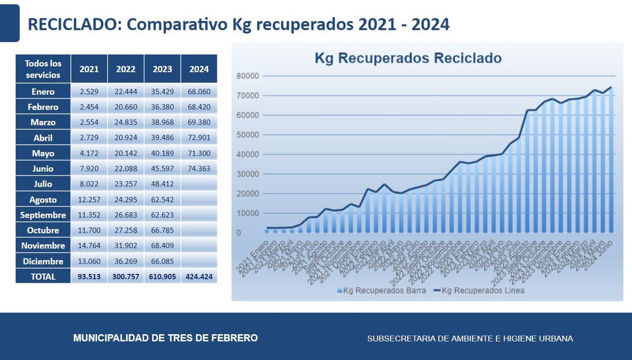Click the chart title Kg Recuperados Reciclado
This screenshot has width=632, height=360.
[408, 57]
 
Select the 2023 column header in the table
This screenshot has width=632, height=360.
[162, 69]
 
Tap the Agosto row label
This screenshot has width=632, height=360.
[43, 199]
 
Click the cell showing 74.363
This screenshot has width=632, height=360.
[199, 169]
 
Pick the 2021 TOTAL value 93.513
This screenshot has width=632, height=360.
[89, 276]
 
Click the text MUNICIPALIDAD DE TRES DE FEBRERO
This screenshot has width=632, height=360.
[166, 338]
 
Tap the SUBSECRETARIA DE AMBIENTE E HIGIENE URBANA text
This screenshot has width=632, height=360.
[470, 338]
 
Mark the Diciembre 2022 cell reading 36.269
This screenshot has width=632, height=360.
[126, 261]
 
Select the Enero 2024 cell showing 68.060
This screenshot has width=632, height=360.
[199, 92]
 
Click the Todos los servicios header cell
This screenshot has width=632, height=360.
[43, 69]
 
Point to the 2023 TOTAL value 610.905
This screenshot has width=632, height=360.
[162, 276]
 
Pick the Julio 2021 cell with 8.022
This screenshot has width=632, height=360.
[89, 184]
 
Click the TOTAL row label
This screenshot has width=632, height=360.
[43, 276]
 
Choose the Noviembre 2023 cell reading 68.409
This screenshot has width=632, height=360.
[162, 246]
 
